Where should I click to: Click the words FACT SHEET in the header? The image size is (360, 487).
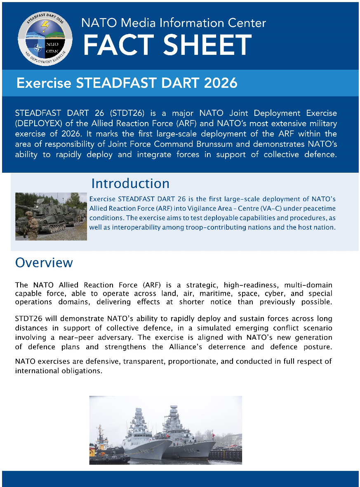(x=167, y=45)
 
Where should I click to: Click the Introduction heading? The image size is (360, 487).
(x=130, y=183)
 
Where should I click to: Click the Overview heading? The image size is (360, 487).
(x=44, y=263)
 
